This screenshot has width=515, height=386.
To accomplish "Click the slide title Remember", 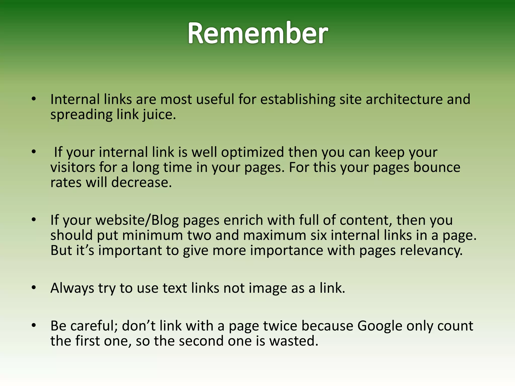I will click(x=257, y=33).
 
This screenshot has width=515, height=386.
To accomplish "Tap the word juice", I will click(x=159, y=115).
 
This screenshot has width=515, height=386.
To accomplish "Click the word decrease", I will click(x=141, y=182).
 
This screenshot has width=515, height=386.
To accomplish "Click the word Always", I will click(x=72, y=288).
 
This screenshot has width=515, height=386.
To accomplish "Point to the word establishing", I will click(x=297, y=99).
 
